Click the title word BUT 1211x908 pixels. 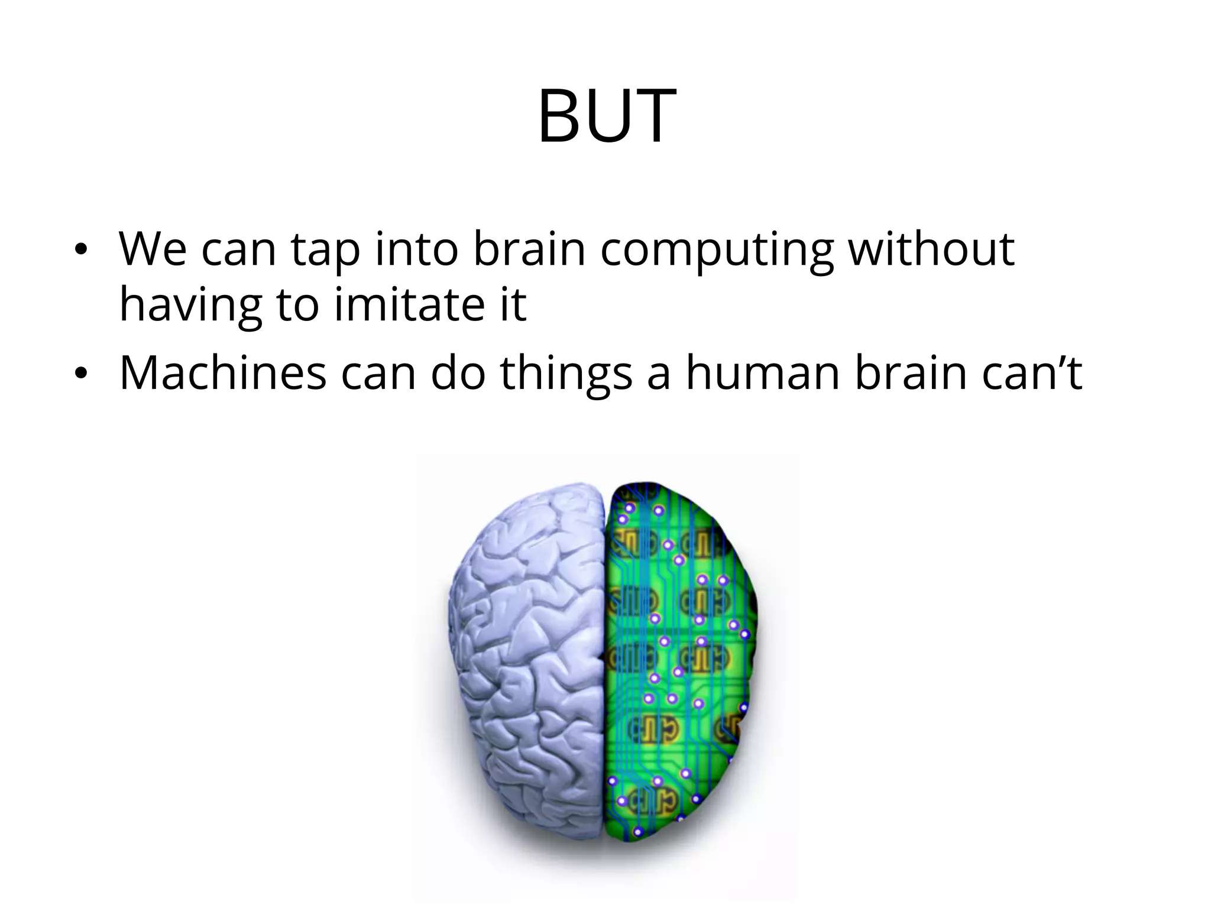pos(607,116)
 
